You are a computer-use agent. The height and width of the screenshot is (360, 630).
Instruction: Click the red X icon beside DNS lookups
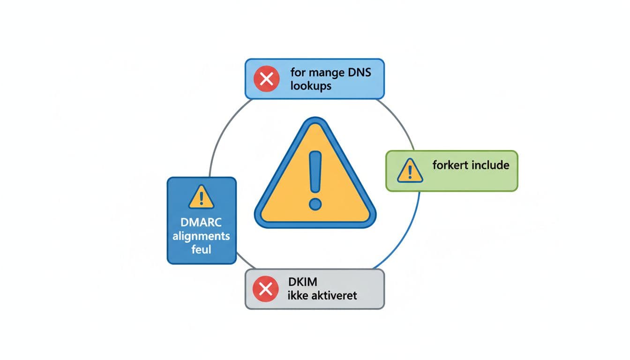coord(266,79)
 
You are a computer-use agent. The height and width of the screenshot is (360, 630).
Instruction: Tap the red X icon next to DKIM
coord(266,289)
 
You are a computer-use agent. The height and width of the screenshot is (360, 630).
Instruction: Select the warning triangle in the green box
coord(410,171)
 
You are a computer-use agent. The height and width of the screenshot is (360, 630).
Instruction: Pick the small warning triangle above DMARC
coord(201,197)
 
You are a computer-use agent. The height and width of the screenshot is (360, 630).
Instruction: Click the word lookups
coord(311,86)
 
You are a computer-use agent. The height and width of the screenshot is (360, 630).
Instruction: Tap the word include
coord(491,165)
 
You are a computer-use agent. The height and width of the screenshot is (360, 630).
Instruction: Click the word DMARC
coord(201,223)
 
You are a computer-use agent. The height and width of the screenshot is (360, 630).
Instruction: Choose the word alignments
coord(201,236)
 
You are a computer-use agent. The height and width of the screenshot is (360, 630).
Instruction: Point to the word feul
coord(201,249)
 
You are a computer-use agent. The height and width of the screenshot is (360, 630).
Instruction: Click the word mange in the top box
coord(326,73)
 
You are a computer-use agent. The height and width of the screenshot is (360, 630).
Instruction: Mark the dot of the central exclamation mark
coord(315,204)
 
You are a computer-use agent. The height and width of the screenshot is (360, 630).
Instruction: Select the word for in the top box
coord(297,73)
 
